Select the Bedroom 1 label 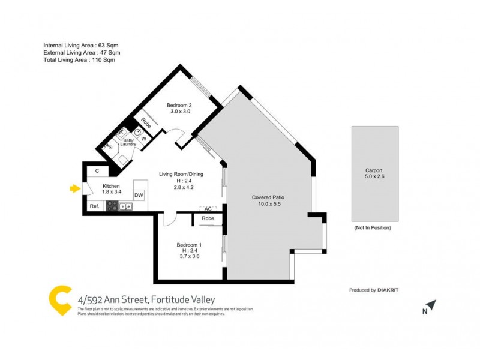188,244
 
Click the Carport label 373,170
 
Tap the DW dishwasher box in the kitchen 139,195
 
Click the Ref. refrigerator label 94,206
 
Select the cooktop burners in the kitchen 112,206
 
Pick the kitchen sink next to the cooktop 125,206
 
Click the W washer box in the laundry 143,139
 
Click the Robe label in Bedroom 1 208,218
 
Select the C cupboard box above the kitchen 97,172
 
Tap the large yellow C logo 61,300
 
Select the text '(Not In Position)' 372,227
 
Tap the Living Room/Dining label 181,174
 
